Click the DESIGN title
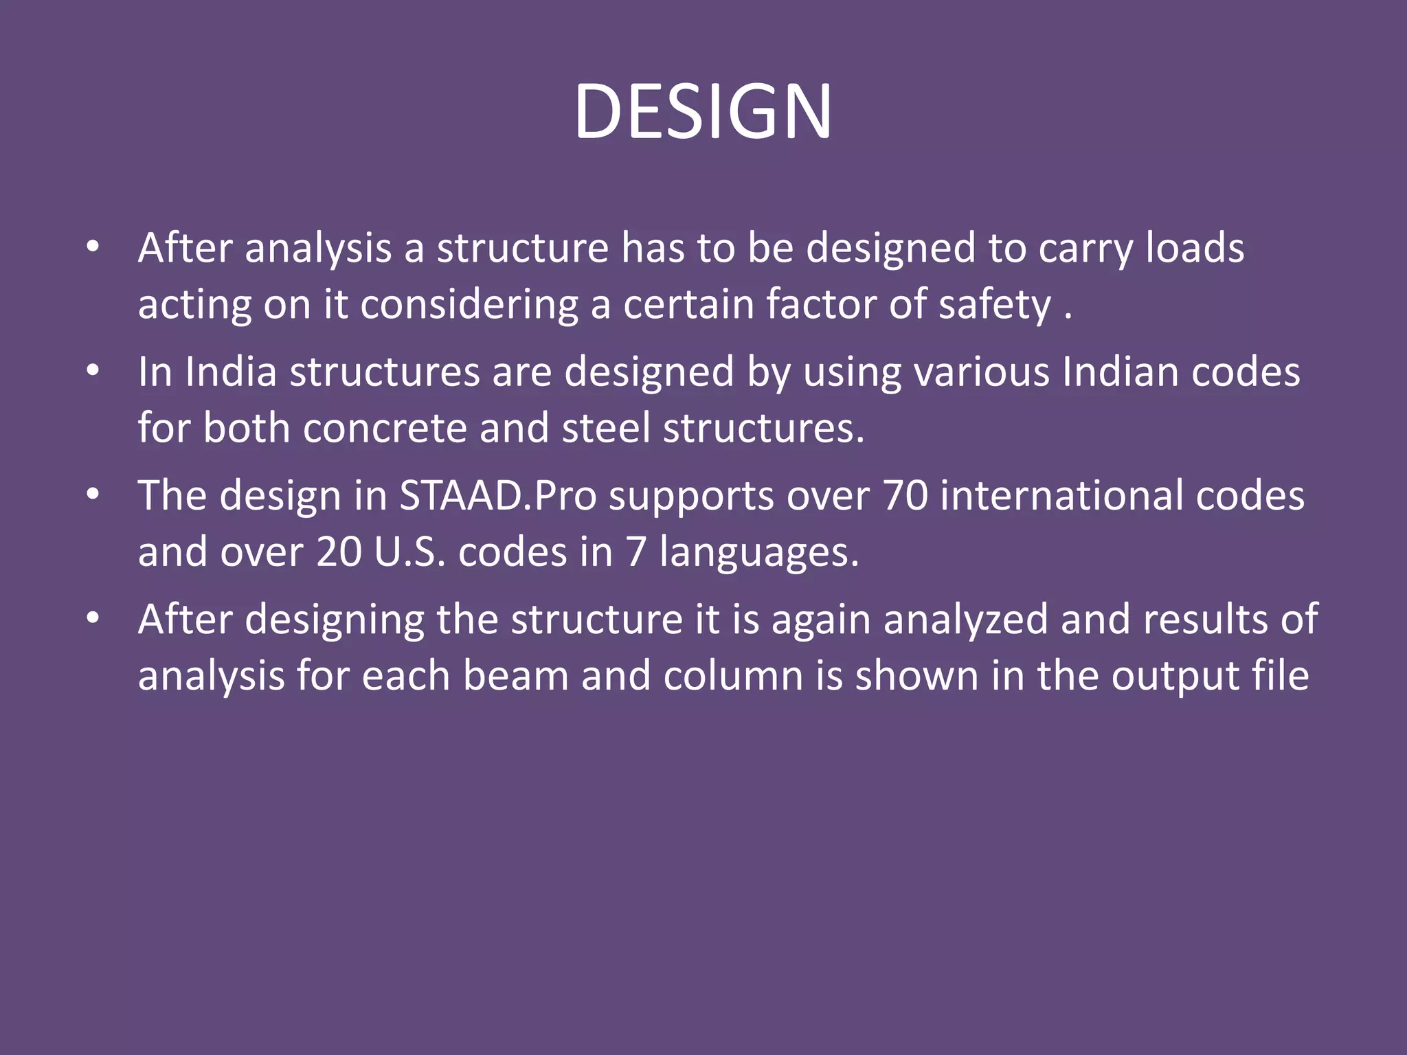click(x=703, y=111)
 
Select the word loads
click(x=1195, y=248)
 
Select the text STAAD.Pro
click(x=498, y=496)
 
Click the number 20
click(x=339, y=552)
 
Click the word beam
click(x=516, y=676)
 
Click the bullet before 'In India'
click(x=93, y=372)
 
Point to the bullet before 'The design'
click(x=93, y=495)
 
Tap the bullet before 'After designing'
click(x=93, y=619)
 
